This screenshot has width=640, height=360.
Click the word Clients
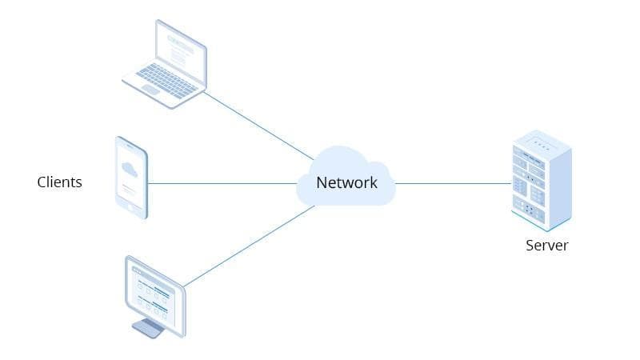point(59,182)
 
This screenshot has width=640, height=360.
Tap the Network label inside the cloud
point(346,182)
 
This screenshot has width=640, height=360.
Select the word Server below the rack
point(547,246)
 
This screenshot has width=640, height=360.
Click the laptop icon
point(165,64)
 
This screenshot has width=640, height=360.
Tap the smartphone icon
point(131,178)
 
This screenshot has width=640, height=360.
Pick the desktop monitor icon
point(155,297)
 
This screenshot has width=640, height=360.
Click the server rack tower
point(542,181)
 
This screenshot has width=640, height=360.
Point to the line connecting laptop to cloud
point(258,126)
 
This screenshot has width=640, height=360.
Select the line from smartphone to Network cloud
point(222,184)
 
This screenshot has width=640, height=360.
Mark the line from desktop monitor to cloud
point(249,246)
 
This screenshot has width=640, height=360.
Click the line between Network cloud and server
point(453,184)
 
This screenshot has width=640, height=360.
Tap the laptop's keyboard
point(166,81)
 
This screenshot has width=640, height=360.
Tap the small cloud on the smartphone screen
point(130,169)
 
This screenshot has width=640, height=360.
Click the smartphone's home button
point(130,208)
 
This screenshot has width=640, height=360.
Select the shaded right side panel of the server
point(558,189)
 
